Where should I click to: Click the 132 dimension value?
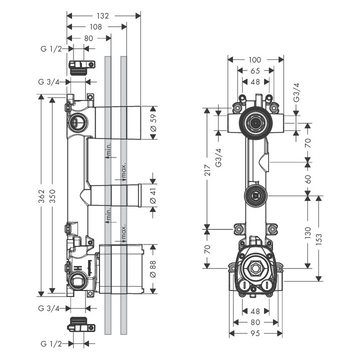[103, 15]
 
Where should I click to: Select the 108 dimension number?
[96, 26]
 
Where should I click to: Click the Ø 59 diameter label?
[153, 123]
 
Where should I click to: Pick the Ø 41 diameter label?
[153, 194]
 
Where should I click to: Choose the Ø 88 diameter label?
[153, 268]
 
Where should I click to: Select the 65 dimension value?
[255, 71]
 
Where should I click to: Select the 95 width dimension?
[254, 333]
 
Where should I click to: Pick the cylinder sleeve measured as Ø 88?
[121, 268]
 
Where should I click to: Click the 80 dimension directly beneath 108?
[88, 38]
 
